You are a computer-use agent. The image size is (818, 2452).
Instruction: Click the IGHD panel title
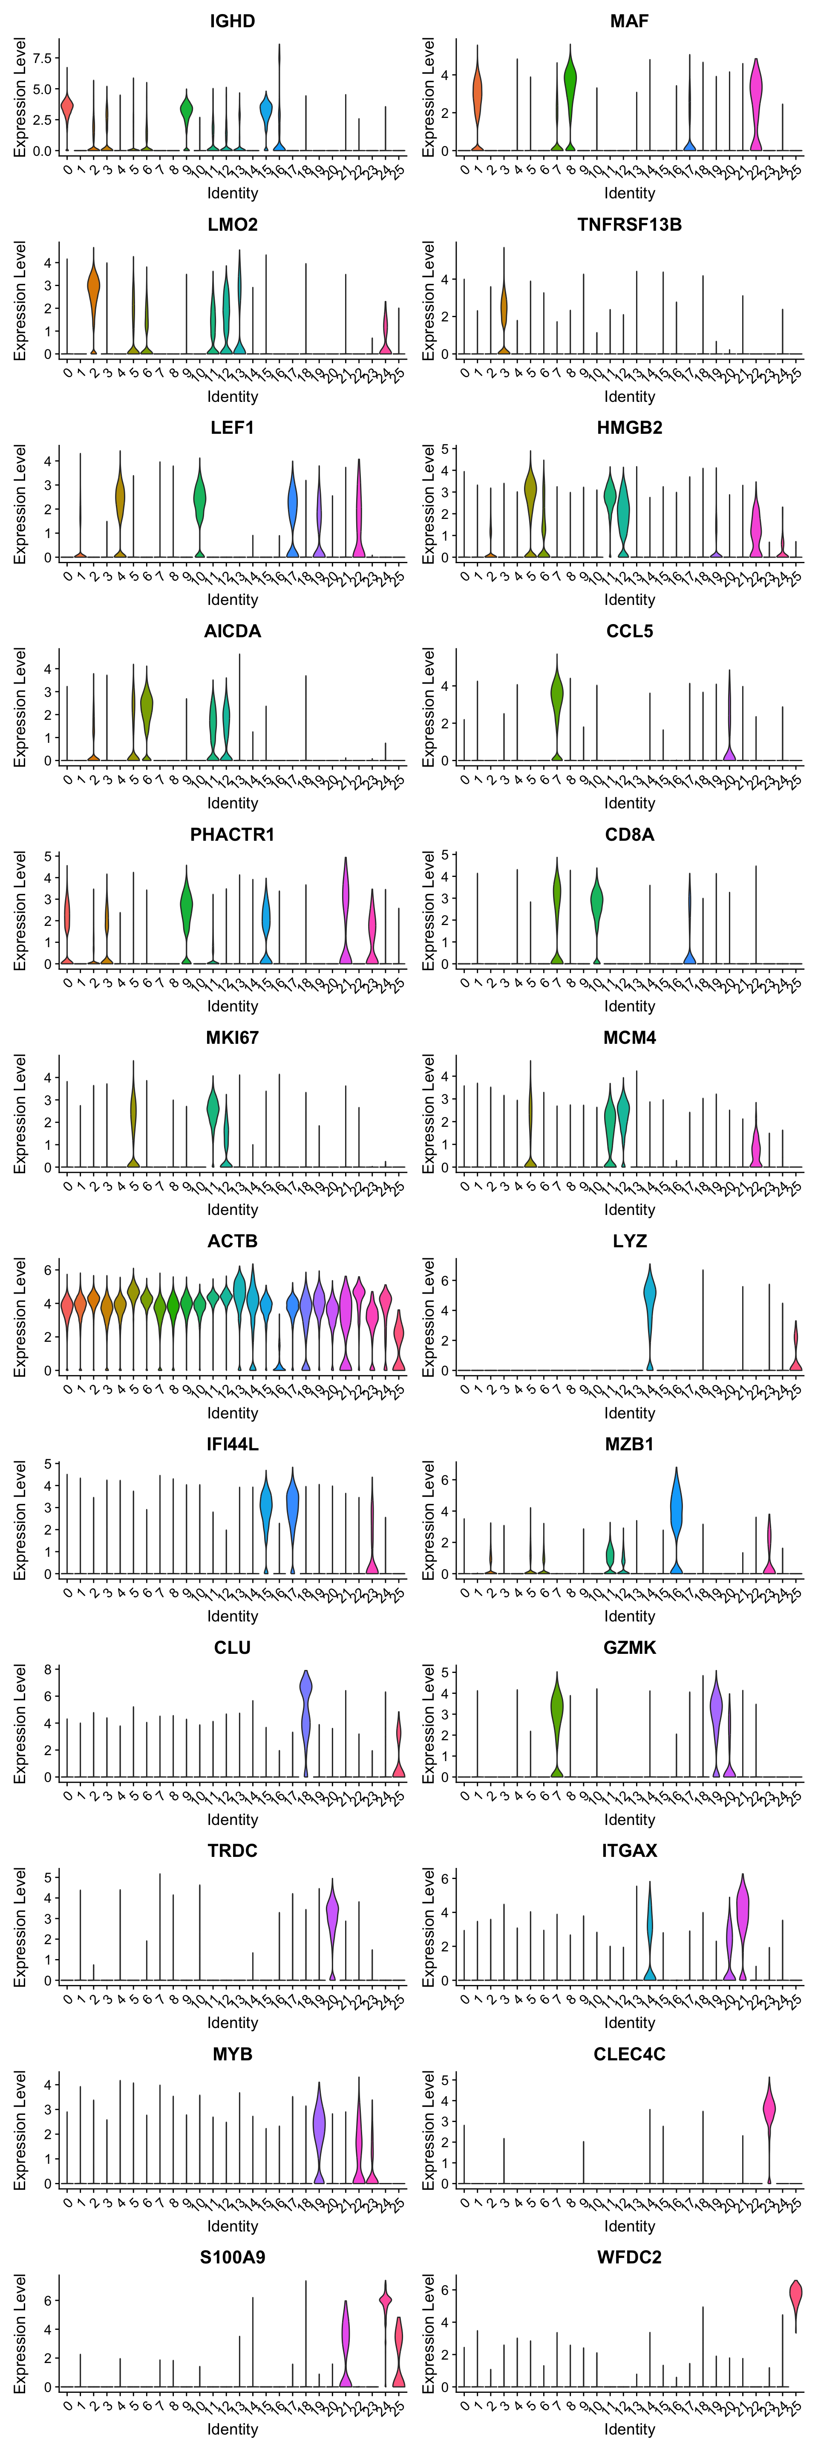pyautogui.click(x=232, y=21)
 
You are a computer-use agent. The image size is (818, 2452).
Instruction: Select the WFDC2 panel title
pyautogui.click(x=629, y=2257)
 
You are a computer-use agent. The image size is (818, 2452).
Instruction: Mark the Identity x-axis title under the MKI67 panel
pyautogui.click(x=232, y=1210)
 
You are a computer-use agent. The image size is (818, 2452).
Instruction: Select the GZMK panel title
pyautogui.click(x=629, y=1648)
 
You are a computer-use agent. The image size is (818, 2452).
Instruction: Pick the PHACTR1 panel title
pyautogui.click(x=232, y=835)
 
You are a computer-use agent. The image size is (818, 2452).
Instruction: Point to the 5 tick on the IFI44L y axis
pyautogui.click(x=48, y=1464)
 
